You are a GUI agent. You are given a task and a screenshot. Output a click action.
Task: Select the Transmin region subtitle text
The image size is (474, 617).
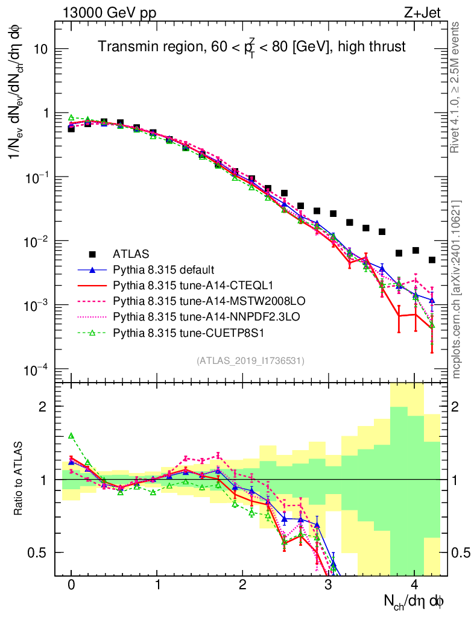point(252,46)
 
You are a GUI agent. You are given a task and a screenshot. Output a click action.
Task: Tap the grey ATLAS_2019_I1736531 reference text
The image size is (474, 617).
point(250,361)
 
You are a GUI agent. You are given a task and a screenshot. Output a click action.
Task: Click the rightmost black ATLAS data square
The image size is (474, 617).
point(432,260)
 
